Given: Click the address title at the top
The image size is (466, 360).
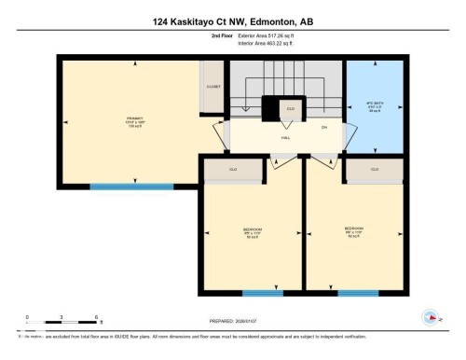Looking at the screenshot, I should click(x=232, y=17).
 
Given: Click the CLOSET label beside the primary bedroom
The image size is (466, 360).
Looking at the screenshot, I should click(x=212, y=85).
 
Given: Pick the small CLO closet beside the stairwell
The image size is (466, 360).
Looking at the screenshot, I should click(x=290, y=109).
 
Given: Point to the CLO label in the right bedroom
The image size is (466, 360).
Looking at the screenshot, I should click(x=375, y=169).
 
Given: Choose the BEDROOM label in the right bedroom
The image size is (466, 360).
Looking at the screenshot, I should click(x=354, y=228).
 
